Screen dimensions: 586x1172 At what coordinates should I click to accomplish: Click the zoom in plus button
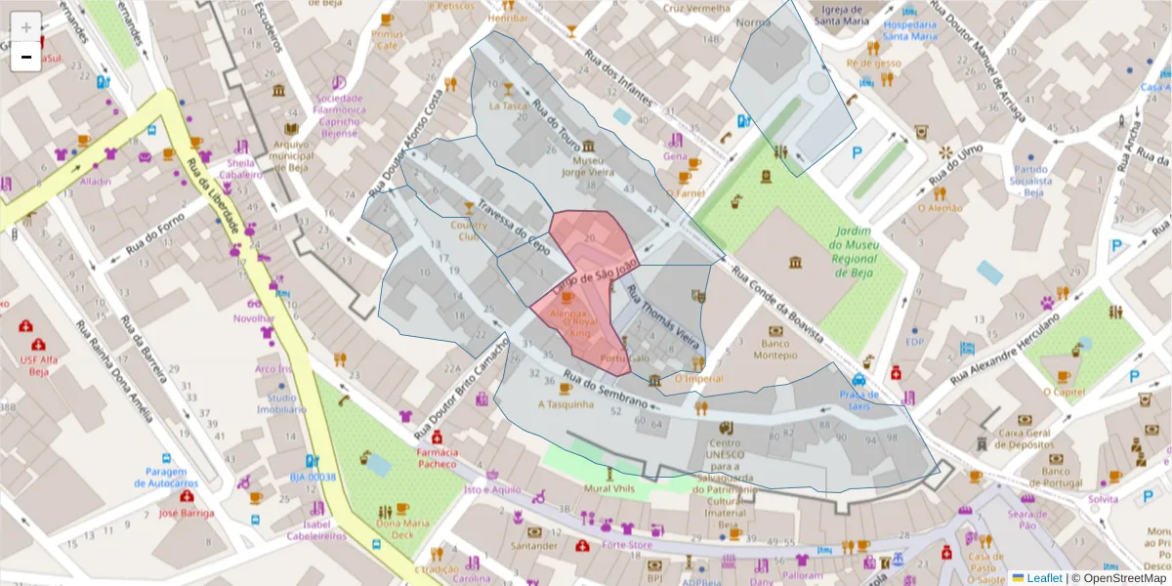pos(25,26)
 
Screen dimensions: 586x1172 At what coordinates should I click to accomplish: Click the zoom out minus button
pos(25,57)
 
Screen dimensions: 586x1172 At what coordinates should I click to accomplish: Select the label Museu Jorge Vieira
pos(588,165)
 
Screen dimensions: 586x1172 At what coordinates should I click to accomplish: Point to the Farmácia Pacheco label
pos(437,458)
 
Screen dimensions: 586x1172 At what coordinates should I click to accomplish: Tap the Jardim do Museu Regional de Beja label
pos(855,251)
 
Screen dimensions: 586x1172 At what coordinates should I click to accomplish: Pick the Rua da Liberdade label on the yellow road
pos(216,194)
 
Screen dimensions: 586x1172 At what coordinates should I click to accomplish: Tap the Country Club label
pos(469,230)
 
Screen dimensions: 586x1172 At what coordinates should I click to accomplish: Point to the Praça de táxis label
pos(859,399)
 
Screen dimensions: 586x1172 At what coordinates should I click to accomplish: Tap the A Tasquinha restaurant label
pos(566,403)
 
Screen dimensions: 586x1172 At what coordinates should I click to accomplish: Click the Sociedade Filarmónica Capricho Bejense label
pos(340,116)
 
